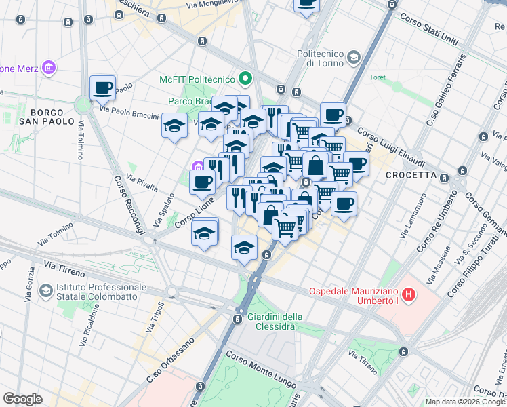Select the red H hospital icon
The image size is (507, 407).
(409, 295)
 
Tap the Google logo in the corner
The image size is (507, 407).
(22, 399)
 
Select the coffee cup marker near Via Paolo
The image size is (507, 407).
(102, 88)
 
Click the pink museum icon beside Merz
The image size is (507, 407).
(48, 68)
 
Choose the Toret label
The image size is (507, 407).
(377, 77)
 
